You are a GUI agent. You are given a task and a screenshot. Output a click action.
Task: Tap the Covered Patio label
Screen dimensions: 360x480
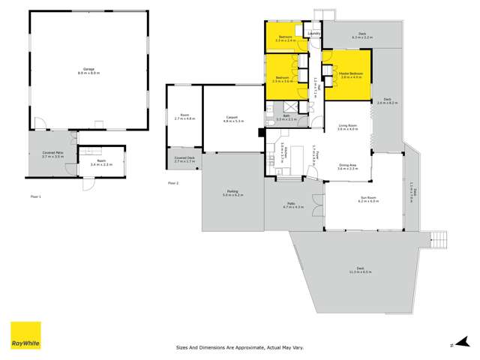[51, 154]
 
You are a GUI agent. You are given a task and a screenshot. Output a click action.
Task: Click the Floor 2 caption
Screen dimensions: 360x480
[173, 183]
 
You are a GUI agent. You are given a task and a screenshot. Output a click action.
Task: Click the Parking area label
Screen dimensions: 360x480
[233, 193]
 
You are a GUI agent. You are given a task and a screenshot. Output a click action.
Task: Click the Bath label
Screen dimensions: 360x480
[286, 116]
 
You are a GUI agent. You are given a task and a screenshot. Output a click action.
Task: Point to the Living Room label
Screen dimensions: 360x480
[347, 127]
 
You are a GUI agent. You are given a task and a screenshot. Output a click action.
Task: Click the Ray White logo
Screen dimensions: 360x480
[25, 335]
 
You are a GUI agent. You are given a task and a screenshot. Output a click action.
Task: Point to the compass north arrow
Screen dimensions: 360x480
[451, 344]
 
